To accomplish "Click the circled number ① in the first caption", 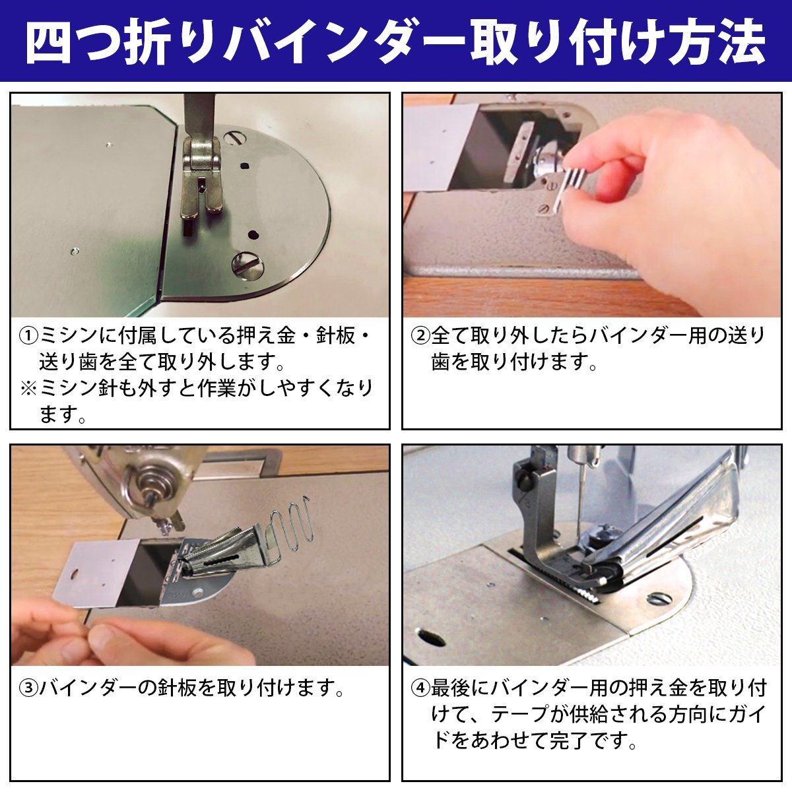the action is point(28,337).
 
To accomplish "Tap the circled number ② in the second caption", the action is point(420,337).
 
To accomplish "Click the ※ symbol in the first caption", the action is point(29,388).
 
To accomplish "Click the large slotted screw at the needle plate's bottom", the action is point(248,265).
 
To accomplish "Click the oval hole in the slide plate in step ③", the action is point(76,574).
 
